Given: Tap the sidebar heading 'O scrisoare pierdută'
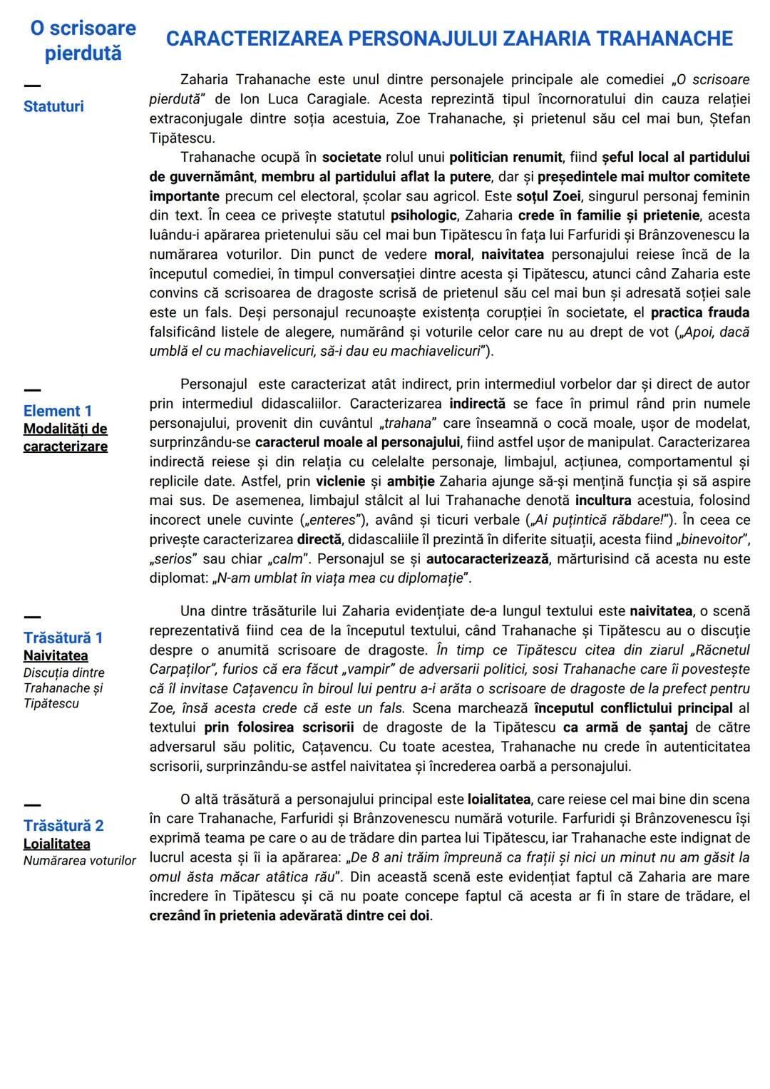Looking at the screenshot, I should pos(83,41).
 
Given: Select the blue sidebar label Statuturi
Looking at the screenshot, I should pos(53,106).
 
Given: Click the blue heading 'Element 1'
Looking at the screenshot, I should pos(58,411).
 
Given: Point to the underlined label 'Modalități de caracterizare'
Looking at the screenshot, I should pos(65,437).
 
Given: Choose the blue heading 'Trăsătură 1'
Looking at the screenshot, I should pos(63,638).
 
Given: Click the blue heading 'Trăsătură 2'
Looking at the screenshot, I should pos(63,826).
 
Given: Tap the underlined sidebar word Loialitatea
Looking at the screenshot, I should pos(57,844).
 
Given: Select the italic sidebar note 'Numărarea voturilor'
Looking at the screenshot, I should pos(79,861).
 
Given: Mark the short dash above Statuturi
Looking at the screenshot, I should pos(32,86).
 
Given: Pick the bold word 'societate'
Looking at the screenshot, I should pos(351,157).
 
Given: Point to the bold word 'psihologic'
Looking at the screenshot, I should pos(423,215).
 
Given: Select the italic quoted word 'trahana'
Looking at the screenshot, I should pos(408,424).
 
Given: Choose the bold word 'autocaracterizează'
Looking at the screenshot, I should pos(488,558).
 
